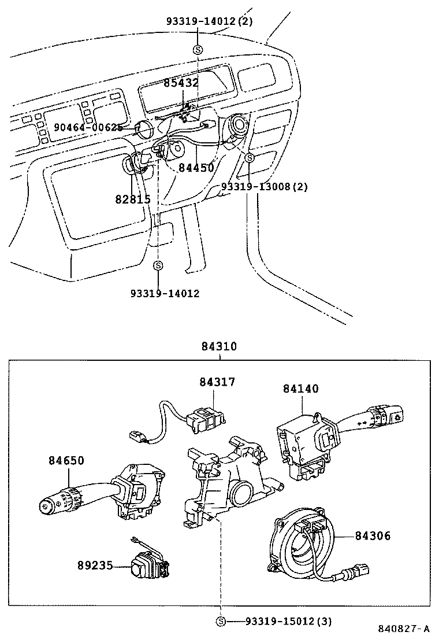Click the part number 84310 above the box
pos(219,346)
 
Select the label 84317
pos(218,382)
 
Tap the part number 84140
pos(300,389)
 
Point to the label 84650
pos(66,460)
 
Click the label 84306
pos(373,536)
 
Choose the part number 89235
pos(95,565)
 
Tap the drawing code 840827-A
pos(404,629)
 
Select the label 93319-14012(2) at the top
pos(210,21)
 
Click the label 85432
pos(181,83)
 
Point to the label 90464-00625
pos(88,127)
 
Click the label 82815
pos(132,199)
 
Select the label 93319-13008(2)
pos(265,187)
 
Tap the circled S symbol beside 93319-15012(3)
pos(220,622)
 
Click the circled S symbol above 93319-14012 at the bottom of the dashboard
pos(159,265)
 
